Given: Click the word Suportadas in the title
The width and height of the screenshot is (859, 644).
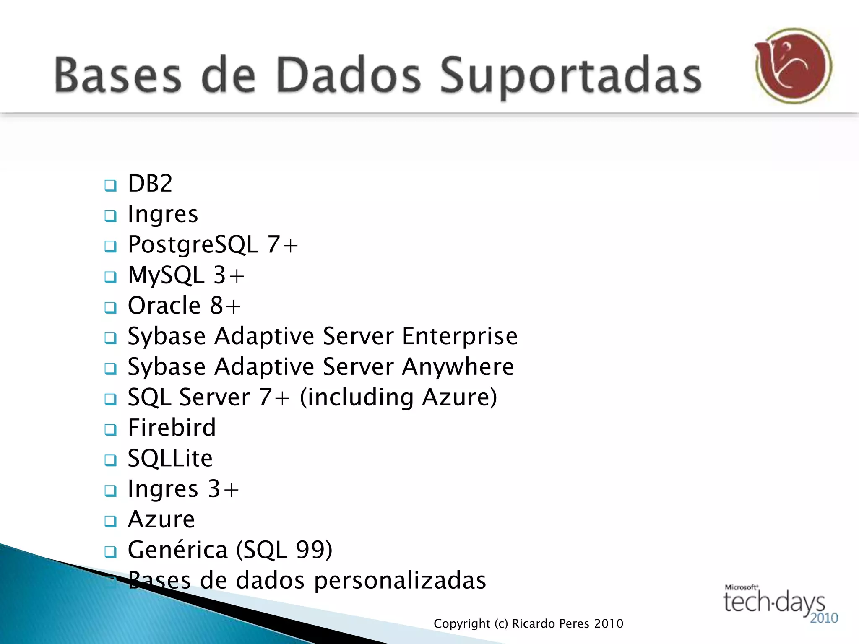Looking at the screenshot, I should [570, 75].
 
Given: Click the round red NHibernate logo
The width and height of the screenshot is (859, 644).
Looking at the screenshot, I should [793, 66].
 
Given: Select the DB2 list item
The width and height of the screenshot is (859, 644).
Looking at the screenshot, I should [150, 184].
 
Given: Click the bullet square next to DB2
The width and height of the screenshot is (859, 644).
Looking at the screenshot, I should [110, 185].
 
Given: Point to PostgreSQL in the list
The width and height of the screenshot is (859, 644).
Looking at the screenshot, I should [193, 245].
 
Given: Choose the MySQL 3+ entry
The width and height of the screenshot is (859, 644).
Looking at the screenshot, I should [186, 275].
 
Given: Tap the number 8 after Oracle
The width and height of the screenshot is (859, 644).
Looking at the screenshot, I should [217, 305].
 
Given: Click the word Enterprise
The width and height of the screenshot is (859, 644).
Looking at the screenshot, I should [460, 337].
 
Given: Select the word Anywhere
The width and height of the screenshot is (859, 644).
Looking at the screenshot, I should [458, 367].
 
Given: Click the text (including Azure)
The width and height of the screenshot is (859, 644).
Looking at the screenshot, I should [398, 397].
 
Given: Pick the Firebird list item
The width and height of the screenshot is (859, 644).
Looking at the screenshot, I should [172, 428].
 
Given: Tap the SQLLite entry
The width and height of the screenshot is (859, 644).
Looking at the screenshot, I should [170, 458].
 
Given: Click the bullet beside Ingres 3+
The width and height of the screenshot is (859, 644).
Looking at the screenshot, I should [110, 491].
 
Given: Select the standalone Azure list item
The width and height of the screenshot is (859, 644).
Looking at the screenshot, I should [161, 519].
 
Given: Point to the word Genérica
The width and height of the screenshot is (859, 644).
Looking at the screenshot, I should [177, 550].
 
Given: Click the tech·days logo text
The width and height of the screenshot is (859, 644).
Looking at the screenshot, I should [774, 602].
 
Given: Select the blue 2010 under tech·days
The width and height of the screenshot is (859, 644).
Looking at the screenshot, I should [824, 618].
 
